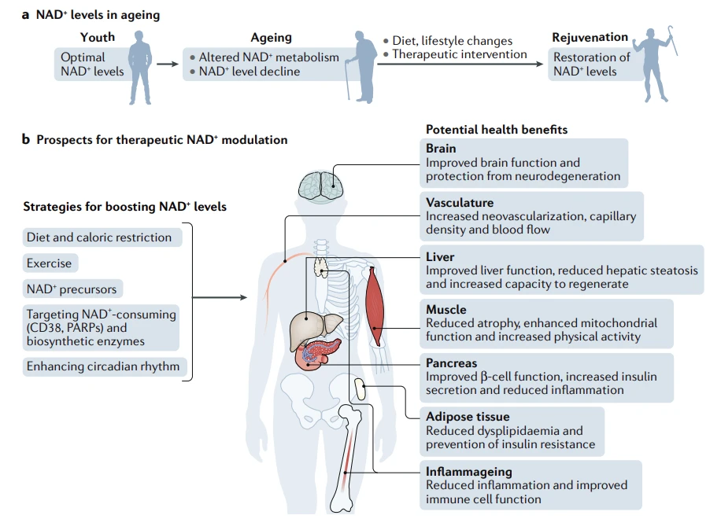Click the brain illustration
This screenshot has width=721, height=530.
[x=320, y=186]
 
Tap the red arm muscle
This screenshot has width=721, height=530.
[x=375, y=307]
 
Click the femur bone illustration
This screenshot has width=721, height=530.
[x=348, y=458]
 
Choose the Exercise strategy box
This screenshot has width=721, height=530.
[x=50, y=263]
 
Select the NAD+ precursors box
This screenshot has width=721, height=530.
[x=72, y=289]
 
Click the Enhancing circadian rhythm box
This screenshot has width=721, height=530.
[x=105, y=366]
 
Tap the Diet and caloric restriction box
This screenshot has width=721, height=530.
[x=102, y=237]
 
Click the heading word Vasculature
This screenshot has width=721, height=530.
[x=460, y=203]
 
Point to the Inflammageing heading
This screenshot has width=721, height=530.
[x=468, y=472]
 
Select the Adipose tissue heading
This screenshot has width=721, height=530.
[x=468, y=417]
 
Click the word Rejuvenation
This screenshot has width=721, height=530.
[x=590, y=37]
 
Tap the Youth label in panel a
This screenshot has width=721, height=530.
[x=98, y=37]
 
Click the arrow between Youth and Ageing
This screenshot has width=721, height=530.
[x=168, y=64]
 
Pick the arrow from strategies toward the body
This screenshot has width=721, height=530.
[x=220, y=297]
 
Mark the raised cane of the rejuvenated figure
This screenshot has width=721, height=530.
[x=673, y=40]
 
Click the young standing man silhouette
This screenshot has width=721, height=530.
[x=140, y=67]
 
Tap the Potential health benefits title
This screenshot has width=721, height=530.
[x=497, y=130]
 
